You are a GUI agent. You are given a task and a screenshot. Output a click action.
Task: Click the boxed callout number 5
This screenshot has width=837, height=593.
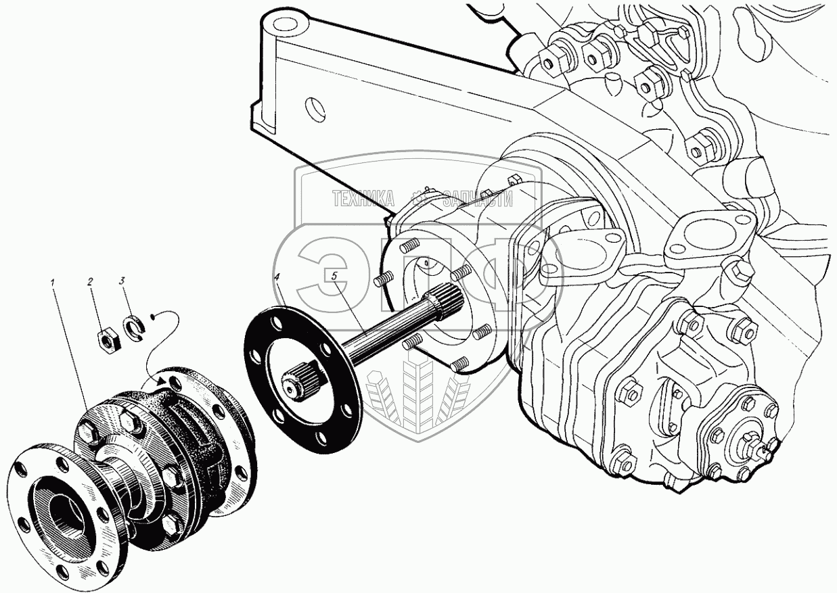click(332, 276)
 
